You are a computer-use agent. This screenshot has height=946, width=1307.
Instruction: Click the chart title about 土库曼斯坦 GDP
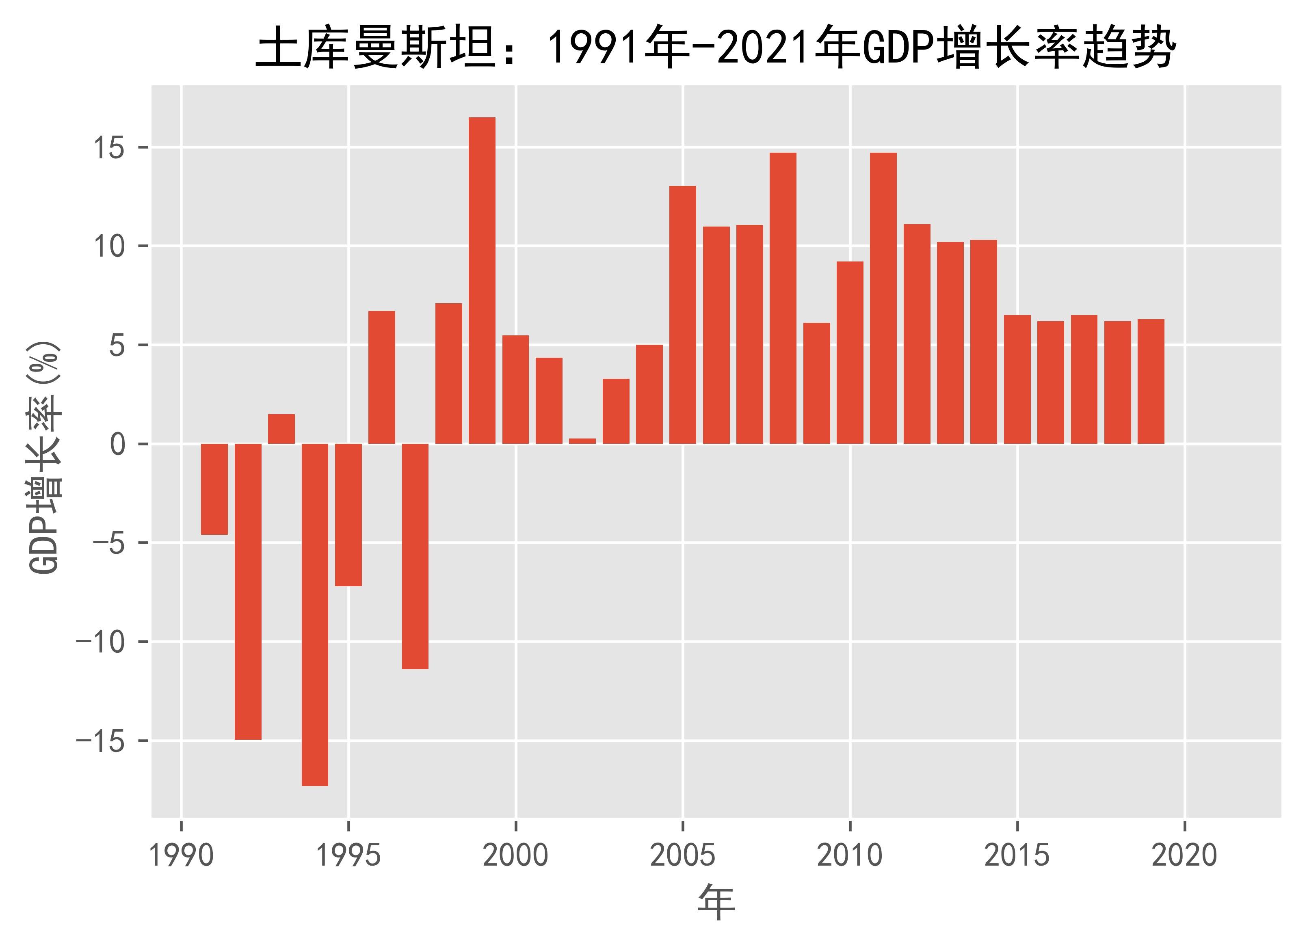coord(714,50)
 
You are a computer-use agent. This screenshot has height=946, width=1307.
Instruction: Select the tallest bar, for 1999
coord(482,281)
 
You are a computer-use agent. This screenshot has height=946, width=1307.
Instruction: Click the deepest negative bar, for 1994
coord(315,614)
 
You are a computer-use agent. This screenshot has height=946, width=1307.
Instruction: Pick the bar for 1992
coord(248,591)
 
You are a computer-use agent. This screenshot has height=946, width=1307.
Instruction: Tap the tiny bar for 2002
coord(582,441)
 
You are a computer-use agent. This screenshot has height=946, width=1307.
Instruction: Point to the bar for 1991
coord(214,489)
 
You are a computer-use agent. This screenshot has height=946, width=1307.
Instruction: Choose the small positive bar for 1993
coord(281,429)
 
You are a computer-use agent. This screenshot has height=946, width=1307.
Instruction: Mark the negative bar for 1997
coord(415,556)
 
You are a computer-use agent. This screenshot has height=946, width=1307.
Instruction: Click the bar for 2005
coord(682,315)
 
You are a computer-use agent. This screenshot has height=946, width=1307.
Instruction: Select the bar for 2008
coord(783,298)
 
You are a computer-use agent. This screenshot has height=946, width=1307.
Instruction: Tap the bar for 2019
coord(1151,381)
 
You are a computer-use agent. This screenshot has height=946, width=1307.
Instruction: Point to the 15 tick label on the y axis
coord(110,149)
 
